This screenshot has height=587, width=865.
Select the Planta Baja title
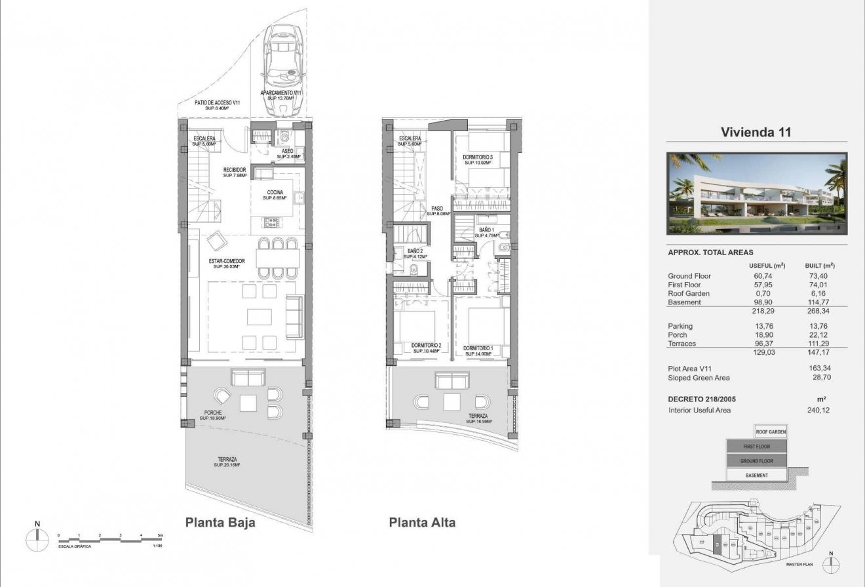click(x=220, y=523)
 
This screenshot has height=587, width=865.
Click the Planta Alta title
click(x=422, y=523)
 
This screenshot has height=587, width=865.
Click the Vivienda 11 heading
click(x=756, y=132)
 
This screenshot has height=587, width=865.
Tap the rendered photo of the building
click(x=756, y=193)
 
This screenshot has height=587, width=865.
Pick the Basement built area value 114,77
click(x=819, y=302)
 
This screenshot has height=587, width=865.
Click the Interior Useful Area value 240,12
click(x=819, y=411)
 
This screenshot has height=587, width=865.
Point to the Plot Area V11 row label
click(x=689, y=369)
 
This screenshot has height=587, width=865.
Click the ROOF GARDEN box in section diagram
click(x=771, y=432)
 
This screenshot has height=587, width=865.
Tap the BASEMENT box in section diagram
click(x=756, y=475)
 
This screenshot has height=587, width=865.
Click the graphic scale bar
click(x=109, y=538)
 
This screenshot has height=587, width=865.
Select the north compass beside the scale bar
click(x=37, y=538)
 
